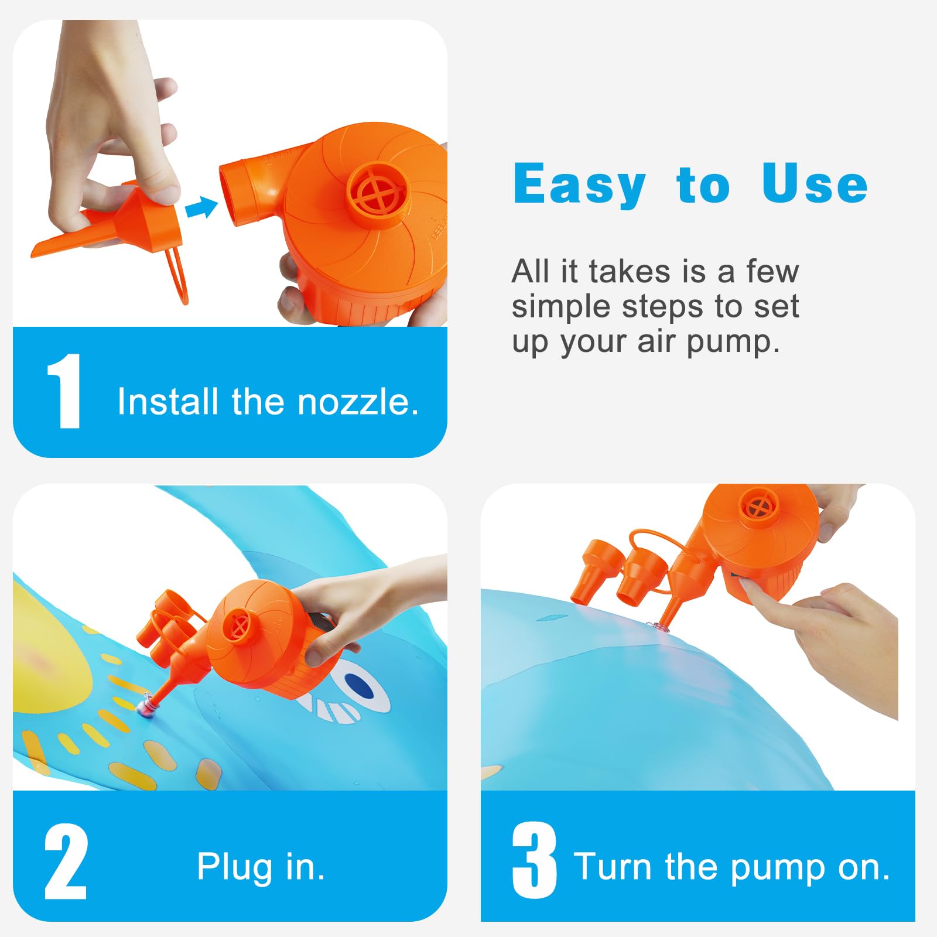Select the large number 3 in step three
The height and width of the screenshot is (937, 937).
[534, 860]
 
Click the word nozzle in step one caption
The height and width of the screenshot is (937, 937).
[358, 402]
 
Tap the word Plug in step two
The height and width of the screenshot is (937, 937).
[234, 867]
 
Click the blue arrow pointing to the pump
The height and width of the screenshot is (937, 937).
[201, 207]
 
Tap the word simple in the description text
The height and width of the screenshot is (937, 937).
[560, 306]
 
